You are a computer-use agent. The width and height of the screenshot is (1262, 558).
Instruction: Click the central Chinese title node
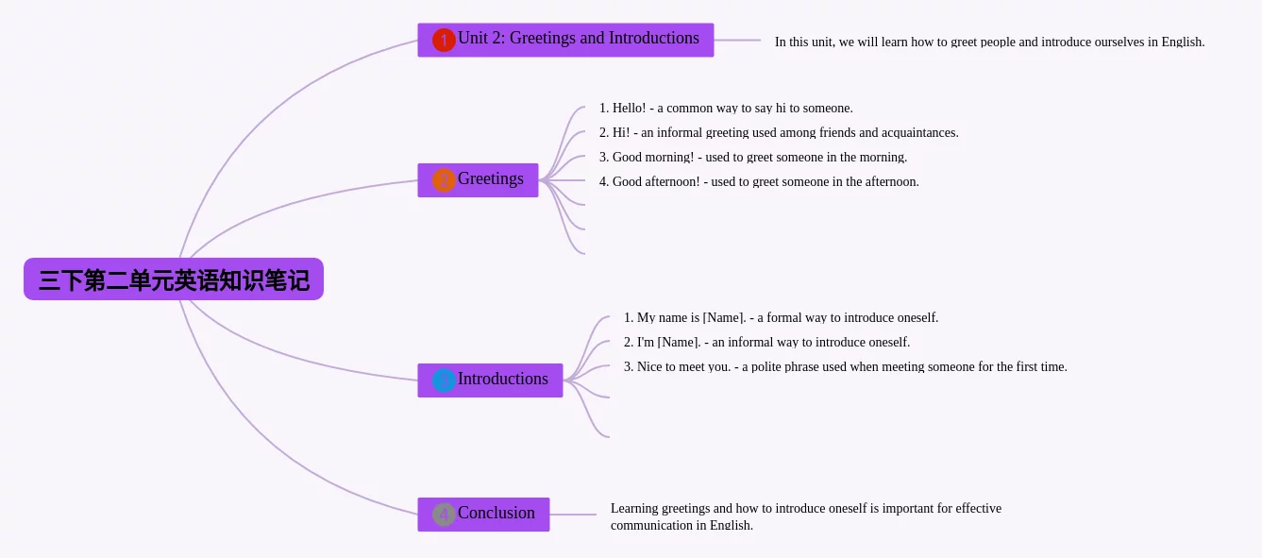coord(174,279)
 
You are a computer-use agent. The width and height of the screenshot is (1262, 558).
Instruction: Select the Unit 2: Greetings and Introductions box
coord(565,40)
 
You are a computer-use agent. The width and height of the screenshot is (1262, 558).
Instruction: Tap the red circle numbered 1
coord(444,41)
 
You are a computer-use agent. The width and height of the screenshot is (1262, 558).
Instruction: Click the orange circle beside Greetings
coord(444,180)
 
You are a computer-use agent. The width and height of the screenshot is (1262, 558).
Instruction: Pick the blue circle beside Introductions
coord(444,380)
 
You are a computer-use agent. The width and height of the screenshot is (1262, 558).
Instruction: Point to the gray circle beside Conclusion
coord(444,515)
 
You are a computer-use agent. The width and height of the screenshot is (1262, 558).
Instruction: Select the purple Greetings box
coord(478,180)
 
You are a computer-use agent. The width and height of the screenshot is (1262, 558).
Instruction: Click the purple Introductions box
coord(490,380)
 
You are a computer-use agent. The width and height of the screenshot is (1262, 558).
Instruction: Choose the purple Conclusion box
coord(483,515)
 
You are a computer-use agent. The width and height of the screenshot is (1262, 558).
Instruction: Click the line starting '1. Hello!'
coord(726,109)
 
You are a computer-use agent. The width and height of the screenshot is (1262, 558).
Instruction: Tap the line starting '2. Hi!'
coord(779,133)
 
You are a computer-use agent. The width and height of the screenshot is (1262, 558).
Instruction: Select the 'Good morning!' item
coord(752,158)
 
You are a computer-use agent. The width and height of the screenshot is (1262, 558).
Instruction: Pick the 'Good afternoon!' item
coord(759,182)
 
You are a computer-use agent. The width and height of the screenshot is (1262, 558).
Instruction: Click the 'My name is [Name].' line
coord(781,318)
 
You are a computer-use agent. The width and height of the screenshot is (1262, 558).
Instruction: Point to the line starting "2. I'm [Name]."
coord(766,342)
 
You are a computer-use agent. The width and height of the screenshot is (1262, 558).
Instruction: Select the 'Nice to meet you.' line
coord(845,367)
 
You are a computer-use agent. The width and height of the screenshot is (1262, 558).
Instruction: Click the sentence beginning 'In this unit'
coord(989,42)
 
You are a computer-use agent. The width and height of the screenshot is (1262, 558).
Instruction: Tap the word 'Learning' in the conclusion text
coord(634,509)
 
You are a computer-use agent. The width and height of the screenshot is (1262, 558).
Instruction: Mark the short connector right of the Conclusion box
coord(573,515)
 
